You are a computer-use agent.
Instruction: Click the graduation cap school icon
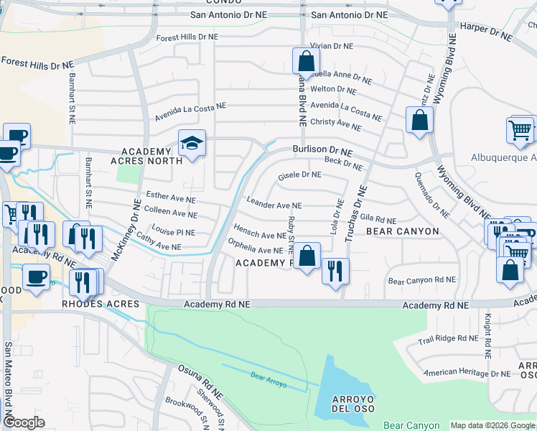coord(192,144)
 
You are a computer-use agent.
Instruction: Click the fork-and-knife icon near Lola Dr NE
coord(335,272)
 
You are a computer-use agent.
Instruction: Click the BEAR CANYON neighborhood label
coord(402,231)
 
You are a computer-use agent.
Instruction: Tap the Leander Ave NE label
coord(274,205)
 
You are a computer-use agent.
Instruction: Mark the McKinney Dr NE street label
coord(134,217)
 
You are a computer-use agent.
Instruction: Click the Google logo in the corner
coord(24,422)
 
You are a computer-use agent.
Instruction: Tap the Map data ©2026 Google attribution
coord(492,425)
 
